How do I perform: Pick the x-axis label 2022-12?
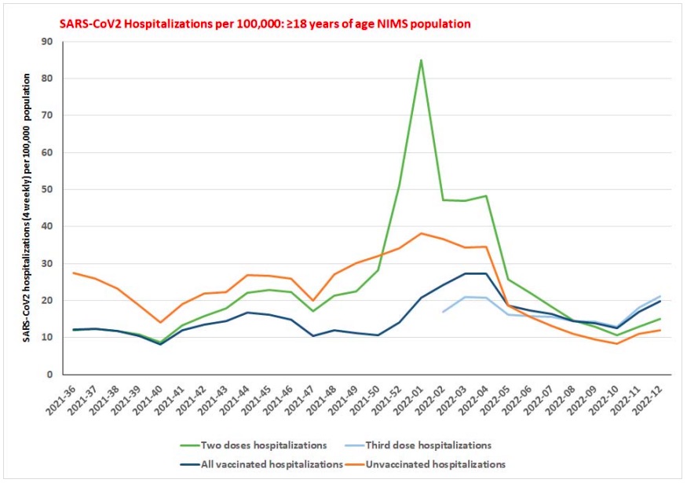(647, 401)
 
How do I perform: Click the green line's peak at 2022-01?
(422, 60)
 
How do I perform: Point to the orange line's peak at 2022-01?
(422, 233)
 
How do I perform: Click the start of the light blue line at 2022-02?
(443, 313)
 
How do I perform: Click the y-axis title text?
(28, 207)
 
